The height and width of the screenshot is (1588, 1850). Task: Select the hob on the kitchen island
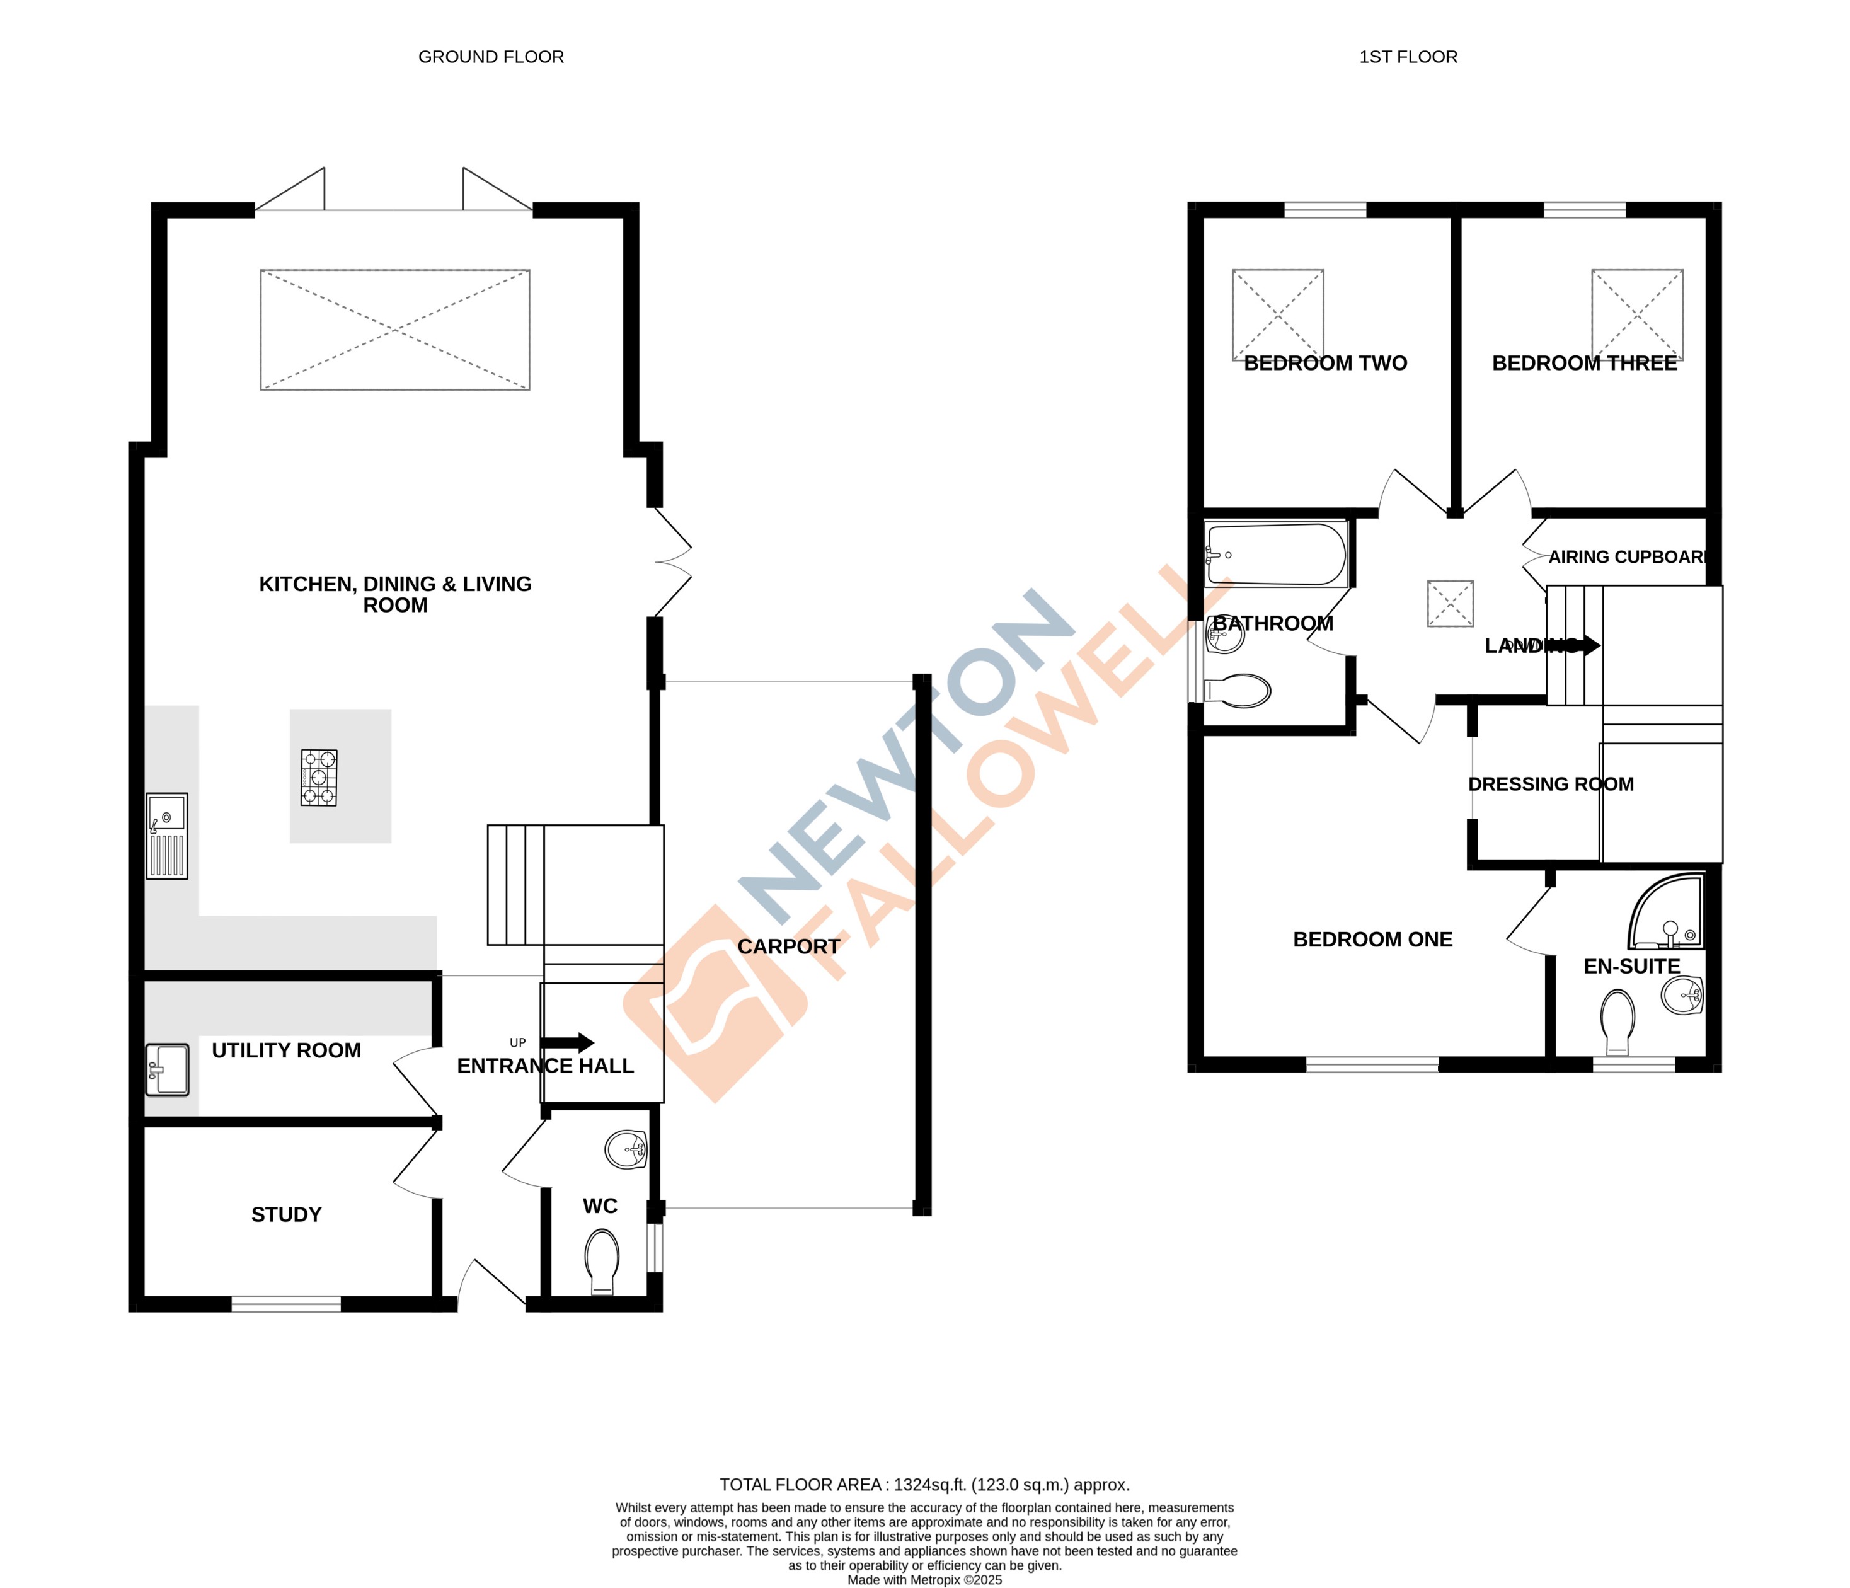coord(319,778)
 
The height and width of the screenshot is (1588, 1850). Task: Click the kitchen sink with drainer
coord(167,836)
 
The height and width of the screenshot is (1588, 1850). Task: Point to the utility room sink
coord(167,1069)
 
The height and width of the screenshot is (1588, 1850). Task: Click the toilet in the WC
coord(602,1262)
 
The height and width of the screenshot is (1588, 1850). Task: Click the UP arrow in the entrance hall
coord(567,1042)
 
